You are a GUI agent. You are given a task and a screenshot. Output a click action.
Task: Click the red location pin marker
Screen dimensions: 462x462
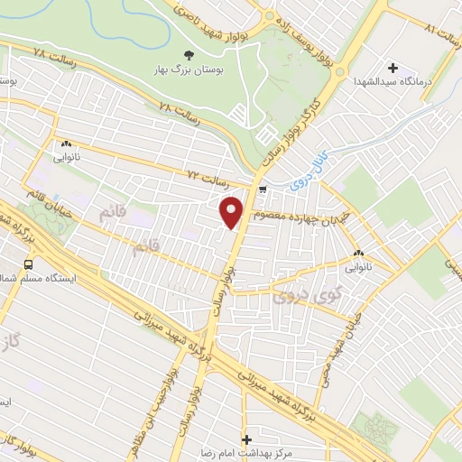(232, 212)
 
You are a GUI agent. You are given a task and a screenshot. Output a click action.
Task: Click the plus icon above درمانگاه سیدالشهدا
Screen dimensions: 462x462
(393, 68)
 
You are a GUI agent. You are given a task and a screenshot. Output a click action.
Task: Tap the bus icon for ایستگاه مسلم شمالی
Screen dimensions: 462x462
(28, 265)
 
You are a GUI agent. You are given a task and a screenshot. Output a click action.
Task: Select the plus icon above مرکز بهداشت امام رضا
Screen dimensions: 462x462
(246, 439)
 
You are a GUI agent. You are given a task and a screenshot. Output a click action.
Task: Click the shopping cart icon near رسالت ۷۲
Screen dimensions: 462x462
(262, 189)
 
